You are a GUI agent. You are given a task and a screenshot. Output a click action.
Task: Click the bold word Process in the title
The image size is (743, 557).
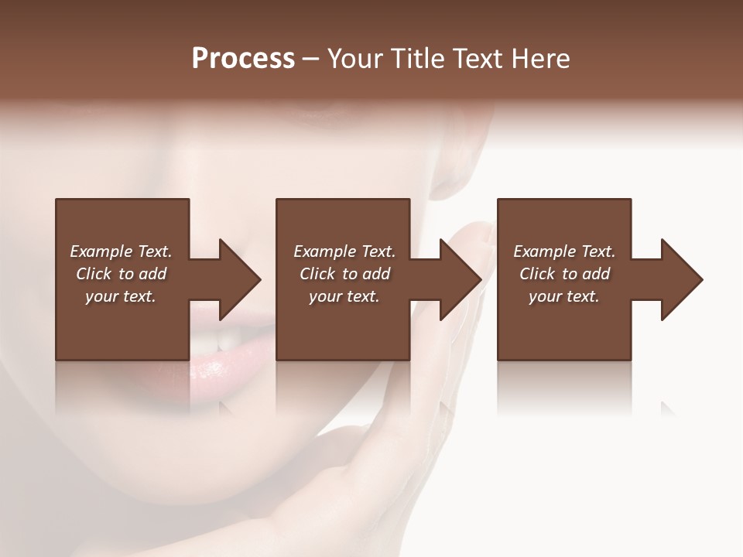(x=243, y=59)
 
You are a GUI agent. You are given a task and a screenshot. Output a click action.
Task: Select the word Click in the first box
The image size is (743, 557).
(x=94, y=274)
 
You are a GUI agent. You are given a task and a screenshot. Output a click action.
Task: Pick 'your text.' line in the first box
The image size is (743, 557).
(x=121, y=296)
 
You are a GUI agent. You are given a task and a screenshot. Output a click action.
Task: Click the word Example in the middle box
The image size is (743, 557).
(x=324, y=251)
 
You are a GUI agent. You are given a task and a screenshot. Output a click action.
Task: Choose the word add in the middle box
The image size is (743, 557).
(x=376, y=274)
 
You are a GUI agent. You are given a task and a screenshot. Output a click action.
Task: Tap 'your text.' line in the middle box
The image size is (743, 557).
(x=344, y=296)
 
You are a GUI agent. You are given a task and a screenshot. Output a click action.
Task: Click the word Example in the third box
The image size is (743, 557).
(x=543, y=251)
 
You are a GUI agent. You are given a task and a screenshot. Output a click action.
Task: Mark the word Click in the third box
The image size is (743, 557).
(x=537, y=274)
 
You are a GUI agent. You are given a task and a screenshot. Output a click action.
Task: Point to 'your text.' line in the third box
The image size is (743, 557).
(x=564, y=296)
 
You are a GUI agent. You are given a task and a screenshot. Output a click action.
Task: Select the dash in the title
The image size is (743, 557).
(x=311, y=59)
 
